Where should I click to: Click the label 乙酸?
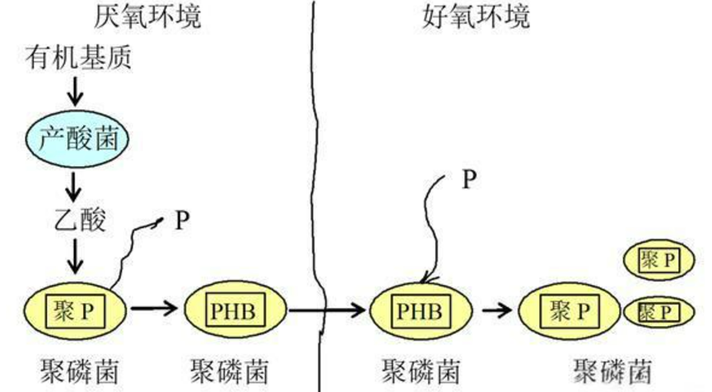point(75,222)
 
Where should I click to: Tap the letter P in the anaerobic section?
point(180,221)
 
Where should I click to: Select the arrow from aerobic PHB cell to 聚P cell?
point(494,311)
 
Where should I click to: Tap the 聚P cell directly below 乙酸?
point(75,311)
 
